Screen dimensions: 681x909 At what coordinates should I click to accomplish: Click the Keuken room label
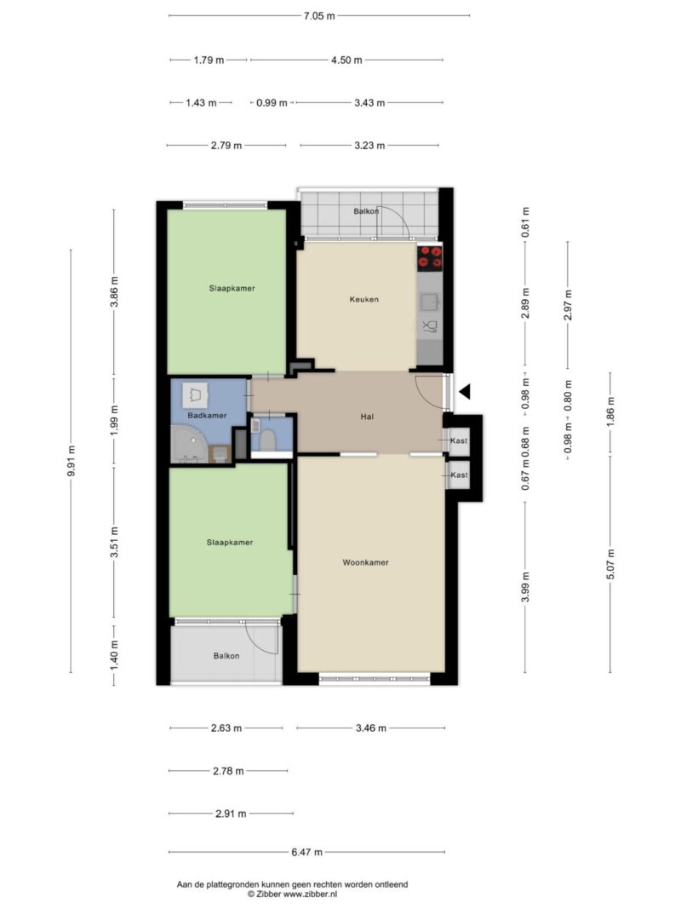click(x=363, y=299)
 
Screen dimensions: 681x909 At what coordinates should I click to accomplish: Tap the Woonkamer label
click(x=365, y=562)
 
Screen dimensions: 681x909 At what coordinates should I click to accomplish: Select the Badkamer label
click(x=207, y=415)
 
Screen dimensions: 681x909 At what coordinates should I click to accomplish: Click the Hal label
click(x=367, y=417)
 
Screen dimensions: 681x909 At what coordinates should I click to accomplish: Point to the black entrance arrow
click(x=465, y=392)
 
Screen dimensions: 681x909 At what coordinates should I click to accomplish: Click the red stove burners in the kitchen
click(x=430, y=257)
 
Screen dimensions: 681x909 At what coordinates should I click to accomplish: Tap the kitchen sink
click(x=429, y=302)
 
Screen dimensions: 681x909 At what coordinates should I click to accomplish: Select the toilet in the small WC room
click(x=267, y=440)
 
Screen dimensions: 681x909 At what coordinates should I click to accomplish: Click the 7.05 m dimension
click(x=319, y=15)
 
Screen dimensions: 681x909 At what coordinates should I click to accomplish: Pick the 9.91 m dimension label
click(x=72, y=461)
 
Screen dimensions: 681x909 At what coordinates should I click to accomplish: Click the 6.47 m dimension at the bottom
click(x=307, y=852)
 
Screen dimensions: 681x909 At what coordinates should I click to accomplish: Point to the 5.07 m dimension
click(x=610, y=564)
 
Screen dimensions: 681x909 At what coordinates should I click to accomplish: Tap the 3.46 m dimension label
click(x=370, y=728)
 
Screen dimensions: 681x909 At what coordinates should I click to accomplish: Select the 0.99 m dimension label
click(x=272, y=102)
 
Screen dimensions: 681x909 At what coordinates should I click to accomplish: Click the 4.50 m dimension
click(x=346, y=60)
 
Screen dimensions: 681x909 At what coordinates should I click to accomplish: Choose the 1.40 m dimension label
click(x=114, y=656)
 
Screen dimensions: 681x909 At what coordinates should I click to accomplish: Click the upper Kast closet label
click(x=459, y=440)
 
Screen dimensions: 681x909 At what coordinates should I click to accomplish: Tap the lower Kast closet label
click(x=459, y=475)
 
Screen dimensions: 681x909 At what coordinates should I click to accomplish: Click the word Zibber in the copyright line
click(x=269, y=894)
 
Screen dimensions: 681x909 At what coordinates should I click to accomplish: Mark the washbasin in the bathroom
click(x=195, y=394)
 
